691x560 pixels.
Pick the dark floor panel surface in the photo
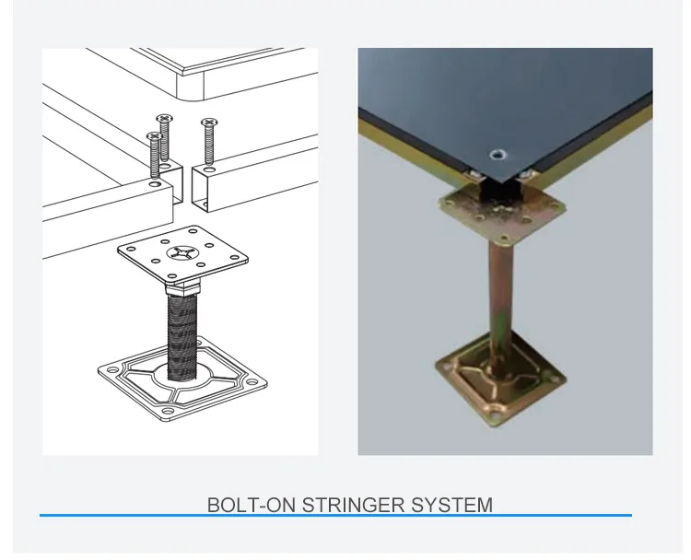516,92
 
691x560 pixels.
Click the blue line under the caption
335,516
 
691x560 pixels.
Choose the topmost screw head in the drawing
165,118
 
